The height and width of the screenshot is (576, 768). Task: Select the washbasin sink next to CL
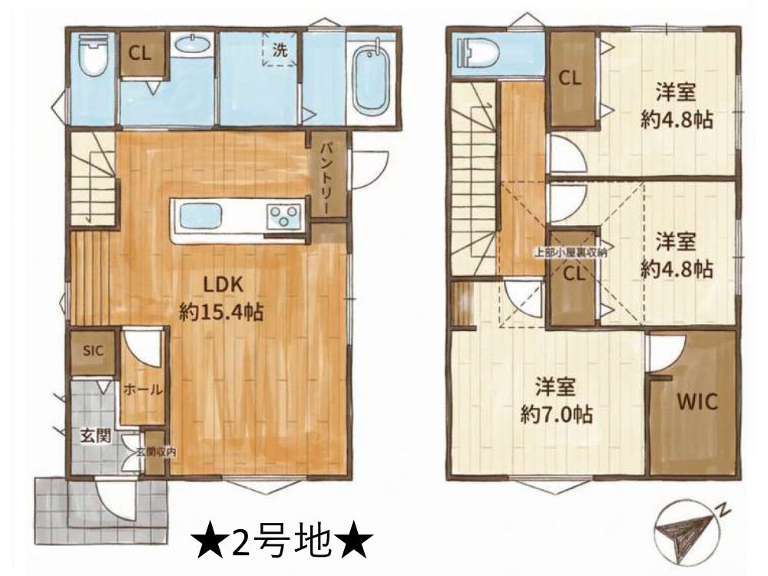click(x=189, y=45)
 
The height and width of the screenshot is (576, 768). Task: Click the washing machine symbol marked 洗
click(x=280, y=51)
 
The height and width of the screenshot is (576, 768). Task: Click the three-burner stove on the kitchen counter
click(x=284, y=214)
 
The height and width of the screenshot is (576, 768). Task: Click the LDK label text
click(x=223, y=284)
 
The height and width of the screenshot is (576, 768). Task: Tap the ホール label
click(x=143, y=389)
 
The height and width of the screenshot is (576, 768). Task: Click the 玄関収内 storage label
click(x=156, y=452)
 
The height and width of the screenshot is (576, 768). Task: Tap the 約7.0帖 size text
click(x=555, y=415)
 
